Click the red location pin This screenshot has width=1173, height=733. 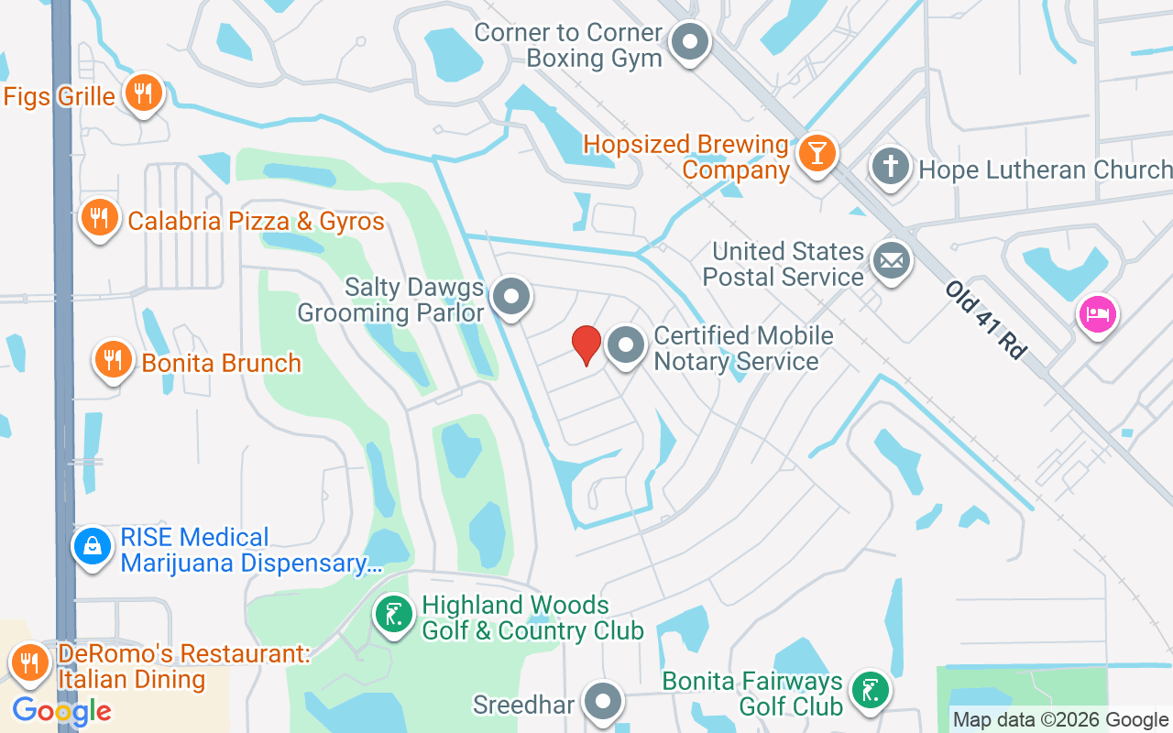coord(586,345)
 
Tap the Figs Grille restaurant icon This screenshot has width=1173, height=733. coord(142,93)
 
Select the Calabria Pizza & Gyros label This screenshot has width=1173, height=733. coord(256,221)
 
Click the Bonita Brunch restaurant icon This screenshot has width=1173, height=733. coord(113,360)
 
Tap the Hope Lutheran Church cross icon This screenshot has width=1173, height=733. coord(890,168)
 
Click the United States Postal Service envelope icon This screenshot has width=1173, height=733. coord(890,262)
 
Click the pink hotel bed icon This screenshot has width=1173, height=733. coord(1096,314)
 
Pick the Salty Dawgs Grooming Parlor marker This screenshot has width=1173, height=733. coord(510,297)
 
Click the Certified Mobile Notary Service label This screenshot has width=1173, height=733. coord(743,348)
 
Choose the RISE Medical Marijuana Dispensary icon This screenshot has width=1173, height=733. coord(93,547)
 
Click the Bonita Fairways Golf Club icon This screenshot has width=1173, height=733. coord(868,690)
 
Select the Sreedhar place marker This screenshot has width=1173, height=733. coord(602,703)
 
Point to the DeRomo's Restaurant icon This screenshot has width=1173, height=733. coord(30,662)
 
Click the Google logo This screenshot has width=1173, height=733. coord(61,710)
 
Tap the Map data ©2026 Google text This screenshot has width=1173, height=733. coord(1060,720)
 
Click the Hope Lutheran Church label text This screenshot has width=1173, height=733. coord(1045,170)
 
